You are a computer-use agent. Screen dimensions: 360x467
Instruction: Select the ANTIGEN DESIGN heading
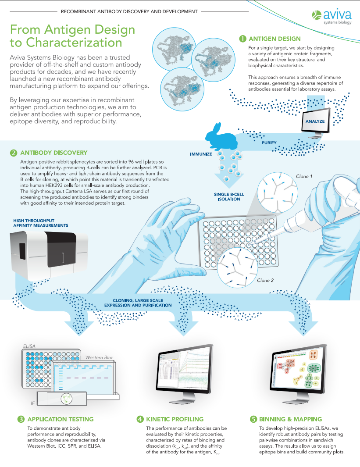[274, 39]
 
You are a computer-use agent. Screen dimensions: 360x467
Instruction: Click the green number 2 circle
[13, 153]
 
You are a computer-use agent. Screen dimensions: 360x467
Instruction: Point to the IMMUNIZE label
[201, 154]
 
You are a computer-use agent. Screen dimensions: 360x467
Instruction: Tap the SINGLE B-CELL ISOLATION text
[228, 196]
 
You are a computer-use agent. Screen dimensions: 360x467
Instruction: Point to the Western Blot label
[99, 357]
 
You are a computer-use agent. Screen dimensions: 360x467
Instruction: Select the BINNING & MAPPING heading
[290, 419]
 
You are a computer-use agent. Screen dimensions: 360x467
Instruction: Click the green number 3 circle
[21, 419]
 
